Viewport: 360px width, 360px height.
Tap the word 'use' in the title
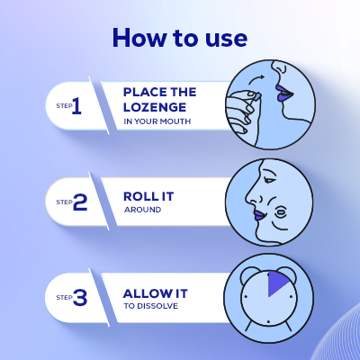227,38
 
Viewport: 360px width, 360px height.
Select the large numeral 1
76,107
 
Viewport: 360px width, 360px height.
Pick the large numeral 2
79,202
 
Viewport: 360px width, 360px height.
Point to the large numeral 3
79,296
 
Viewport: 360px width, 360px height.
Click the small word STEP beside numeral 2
63,202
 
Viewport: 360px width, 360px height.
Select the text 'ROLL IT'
149,195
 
